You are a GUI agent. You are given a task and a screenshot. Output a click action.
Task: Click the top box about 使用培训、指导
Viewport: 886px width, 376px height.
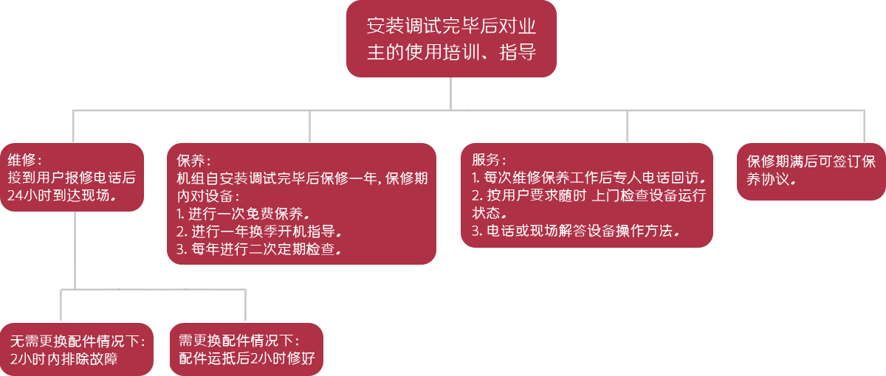coord(451,39)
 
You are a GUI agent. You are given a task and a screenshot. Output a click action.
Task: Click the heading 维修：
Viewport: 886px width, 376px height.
coord(25,161)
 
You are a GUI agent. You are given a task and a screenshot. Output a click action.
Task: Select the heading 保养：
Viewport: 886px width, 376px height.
coord(193,161)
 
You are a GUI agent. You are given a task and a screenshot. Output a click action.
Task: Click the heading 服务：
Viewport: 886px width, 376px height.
coord(488,160)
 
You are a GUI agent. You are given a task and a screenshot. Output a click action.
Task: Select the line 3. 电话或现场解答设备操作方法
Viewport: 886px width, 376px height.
coord(575,231)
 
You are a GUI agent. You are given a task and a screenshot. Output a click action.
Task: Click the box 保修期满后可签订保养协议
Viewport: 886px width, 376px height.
coord(811,170)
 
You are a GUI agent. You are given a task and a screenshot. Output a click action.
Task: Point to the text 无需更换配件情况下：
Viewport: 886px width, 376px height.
coord(78,342)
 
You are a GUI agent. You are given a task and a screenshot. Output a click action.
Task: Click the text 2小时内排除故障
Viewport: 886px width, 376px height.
coord(64,360)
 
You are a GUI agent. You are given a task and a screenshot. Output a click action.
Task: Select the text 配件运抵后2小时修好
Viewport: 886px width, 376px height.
coord(247,359)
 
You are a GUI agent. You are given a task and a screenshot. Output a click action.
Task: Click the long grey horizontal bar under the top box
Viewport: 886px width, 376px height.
coord(468,125)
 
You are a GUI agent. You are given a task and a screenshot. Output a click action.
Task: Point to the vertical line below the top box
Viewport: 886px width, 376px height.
coord(451,93)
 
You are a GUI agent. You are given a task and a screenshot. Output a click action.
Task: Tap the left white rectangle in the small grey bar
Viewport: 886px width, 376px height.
coord(125,296)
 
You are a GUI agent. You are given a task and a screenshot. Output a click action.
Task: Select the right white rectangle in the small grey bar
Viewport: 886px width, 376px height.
coord(191,296)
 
